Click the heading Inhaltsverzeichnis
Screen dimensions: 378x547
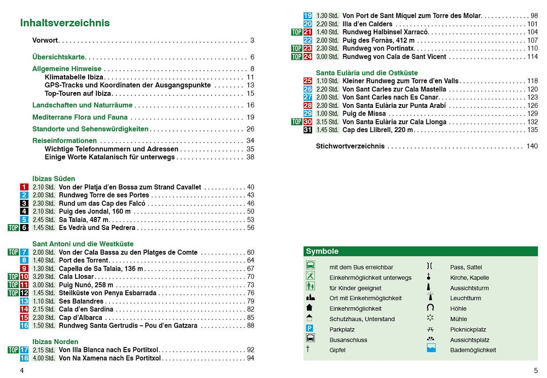[x=65, y=23]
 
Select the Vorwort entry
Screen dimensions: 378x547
[x=45, y=41]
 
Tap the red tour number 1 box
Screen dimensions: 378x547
[x=24, y=187]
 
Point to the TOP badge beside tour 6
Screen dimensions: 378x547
[x=13, y=228]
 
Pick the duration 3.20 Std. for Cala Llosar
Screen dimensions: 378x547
[x=43, y=277]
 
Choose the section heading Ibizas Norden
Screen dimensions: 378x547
[x=55, y=342]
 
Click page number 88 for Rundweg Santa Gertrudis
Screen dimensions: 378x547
[x=251, y=325]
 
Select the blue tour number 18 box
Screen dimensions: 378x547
[x=24, y=358]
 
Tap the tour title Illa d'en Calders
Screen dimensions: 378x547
[x=367, y=24]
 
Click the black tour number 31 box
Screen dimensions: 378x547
[x=308, y=130]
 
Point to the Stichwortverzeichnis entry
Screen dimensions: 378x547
[x=350, y=146]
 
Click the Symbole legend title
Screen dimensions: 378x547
[x=322, y=252]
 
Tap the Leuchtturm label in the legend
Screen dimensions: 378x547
[x=465, y=299]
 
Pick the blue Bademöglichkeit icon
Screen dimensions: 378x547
[x=431, y=348]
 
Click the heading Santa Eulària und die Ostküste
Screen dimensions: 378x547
[x=366, y=73]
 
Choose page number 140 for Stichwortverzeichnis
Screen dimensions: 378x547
[x=532, y=146]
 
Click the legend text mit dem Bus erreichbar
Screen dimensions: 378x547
[x=361, y=267]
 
